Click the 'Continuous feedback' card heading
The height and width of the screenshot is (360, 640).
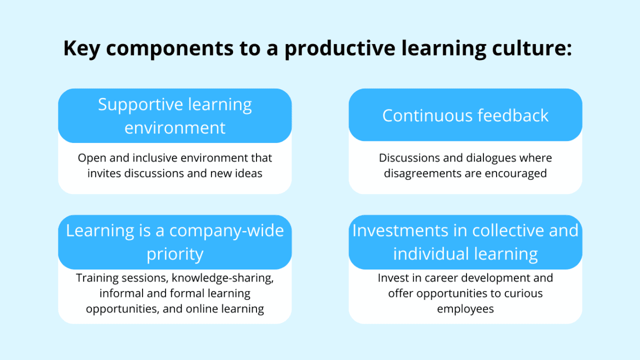click(x=465, y=115)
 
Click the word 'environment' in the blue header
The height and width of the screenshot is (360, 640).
click(x=175, y=127)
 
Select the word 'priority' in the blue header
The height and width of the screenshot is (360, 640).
click(x=175, y=254)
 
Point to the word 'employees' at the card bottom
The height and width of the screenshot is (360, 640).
click(x=465, y=309)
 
